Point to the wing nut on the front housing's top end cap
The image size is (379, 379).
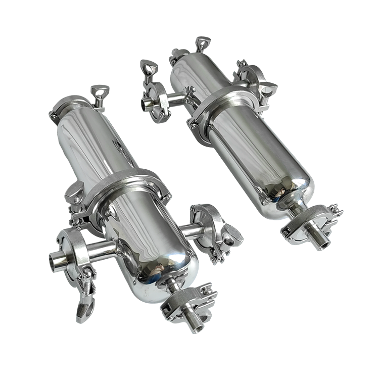coord(97,94)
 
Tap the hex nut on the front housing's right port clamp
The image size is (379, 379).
coord(230,242)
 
